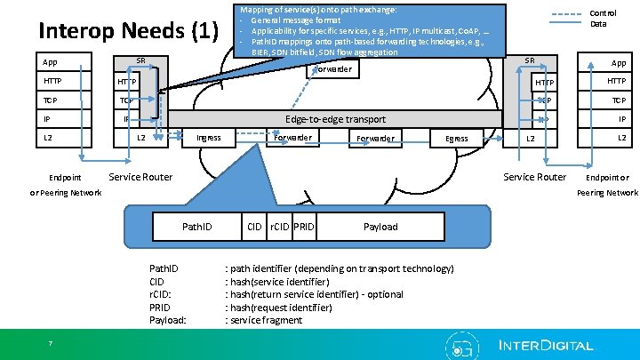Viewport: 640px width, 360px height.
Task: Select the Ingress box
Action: (209, 138)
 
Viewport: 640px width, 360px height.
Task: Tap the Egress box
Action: (457, 139)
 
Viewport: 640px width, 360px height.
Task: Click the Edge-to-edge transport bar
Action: (335, 119)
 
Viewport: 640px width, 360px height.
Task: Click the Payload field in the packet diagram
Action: (380, 227)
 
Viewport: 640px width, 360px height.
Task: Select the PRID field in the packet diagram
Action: (304, 227)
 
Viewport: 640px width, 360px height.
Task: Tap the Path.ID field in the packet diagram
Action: (196, 227)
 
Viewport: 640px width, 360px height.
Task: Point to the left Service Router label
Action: (140, 177)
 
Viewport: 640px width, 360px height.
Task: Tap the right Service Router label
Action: (535, 177)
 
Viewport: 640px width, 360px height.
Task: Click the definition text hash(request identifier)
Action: (281, 308)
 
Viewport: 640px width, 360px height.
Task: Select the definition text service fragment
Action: (266, 320)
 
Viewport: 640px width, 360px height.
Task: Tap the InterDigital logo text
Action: (546, 345)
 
